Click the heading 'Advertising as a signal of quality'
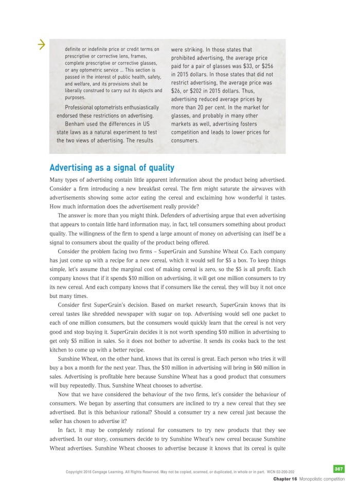pyautogui.click(x=112, y=168)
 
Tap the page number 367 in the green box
pyautogui.click(x=338, y=469)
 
